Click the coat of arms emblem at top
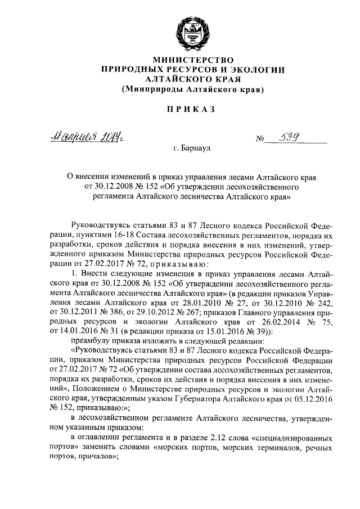193,33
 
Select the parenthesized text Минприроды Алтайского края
193,89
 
